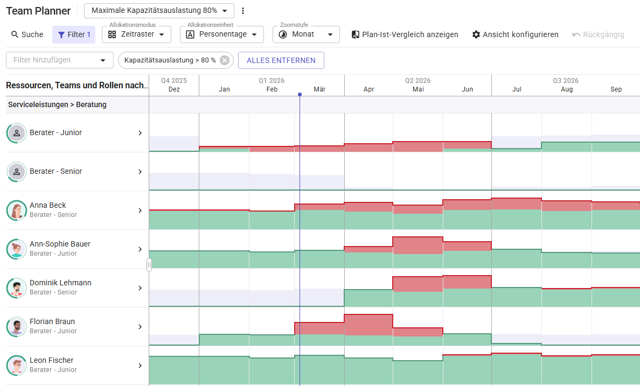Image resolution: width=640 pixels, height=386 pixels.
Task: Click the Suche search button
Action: pos(27,34)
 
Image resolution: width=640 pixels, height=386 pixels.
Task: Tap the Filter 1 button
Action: pos(74,34)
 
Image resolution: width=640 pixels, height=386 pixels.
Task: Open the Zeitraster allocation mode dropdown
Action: pos(136,34)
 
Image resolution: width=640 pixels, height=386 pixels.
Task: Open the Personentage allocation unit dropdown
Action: pos(221,34)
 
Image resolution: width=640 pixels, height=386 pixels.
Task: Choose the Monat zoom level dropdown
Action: pos(305,34)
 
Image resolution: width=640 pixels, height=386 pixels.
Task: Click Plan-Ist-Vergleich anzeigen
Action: pos(405,34)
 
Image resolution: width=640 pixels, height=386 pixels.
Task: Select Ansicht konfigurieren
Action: pos(515,34)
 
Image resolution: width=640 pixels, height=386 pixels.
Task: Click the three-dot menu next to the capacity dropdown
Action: pos(243,11)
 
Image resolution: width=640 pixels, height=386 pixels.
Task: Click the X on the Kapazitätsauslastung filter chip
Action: pos(225,60)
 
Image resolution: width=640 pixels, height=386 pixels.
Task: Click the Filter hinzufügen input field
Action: pos(54,60)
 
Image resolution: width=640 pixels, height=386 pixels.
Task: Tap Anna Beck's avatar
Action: pos(17,210)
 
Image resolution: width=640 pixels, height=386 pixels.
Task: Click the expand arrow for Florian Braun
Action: pos(140,327)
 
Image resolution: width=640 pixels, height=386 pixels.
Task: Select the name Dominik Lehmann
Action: pos(60,283)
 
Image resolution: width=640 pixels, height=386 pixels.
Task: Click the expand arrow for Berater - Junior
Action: pos(140,133)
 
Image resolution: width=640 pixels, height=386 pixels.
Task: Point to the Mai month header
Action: pos(418,89)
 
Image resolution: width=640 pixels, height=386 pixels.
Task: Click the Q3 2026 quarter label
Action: pos(566,81)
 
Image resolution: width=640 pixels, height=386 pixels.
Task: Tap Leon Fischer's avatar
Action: pos(17,366)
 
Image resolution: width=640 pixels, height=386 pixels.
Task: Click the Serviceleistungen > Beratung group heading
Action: pos(57,104)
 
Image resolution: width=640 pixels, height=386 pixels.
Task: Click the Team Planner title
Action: pos(38,11)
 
